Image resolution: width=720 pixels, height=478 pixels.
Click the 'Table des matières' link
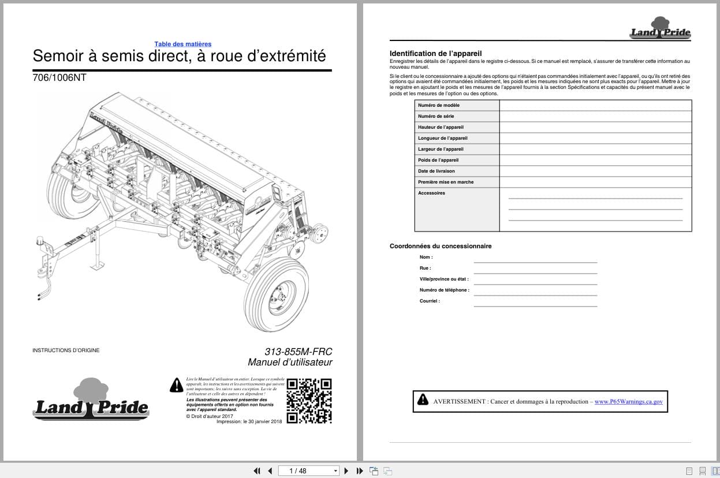coord(182,44)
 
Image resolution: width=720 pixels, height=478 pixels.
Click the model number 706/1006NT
coord(59,77)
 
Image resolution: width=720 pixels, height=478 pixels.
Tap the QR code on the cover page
coord(309,401)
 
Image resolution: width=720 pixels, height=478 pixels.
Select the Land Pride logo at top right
coord(660,29)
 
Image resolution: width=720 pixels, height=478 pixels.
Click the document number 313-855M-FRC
coord(298,352)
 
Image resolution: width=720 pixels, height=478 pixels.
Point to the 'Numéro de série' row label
coord(436,116)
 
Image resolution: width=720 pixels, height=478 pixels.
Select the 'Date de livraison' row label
coord(437,171)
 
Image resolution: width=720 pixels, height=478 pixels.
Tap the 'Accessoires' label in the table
coord(431,193)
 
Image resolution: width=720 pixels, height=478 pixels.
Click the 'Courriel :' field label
coord(430,301)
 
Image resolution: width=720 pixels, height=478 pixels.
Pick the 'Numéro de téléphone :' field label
coord(445,290)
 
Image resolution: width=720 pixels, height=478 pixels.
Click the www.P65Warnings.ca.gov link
coord(628,401)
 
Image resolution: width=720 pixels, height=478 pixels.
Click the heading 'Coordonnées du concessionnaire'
coord(441,246)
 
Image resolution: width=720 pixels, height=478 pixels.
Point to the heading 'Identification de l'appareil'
coord(435,53)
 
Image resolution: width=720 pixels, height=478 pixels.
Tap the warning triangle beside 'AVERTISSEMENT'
coord(423,399)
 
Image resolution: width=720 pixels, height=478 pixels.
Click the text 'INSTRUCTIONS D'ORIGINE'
coord(66,350)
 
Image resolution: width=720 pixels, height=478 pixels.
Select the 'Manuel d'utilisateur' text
coord(290,363)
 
